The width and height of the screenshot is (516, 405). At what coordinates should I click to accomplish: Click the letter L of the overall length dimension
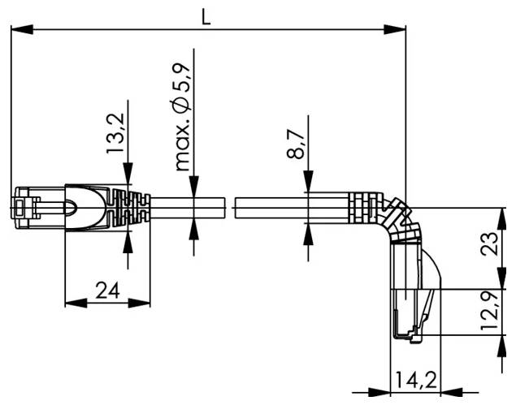206,16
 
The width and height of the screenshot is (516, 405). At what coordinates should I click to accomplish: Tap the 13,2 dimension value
116,134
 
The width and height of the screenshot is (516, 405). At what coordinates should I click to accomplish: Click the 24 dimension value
105,290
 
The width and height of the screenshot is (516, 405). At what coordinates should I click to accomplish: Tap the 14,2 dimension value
414,378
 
